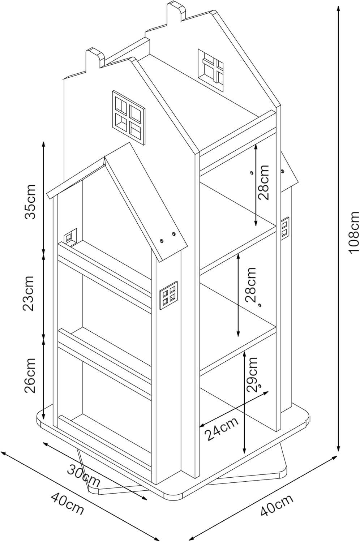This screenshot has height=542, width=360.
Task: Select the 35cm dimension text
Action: point(31,202)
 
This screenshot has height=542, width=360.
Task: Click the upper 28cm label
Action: point(263,182)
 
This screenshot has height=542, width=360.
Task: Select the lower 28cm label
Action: point(251,285)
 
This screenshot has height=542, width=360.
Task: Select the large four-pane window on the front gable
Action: point(129,118)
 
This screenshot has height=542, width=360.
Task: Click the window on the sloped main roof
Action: point(210,70)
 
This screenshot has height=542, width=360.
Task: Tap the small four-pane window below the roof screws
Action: point(168,295)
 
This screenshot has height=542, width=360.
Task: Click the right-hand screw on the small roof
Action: point(173,234)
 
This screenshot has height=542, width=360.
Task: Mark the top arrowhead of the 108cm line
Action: point(338,7)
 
